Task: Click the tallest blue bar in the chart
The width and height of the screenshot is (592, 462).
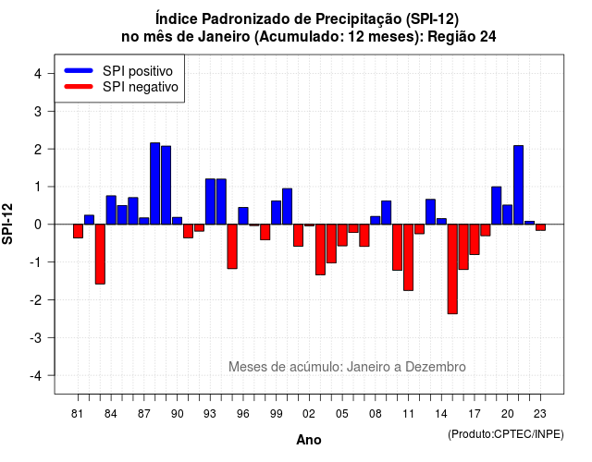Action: coord(155,184)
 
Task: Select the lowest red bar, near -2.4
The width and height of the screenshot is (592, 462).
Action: coord(452,269)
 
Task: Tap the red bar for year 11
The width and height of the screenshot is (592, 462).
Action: coord(408,257)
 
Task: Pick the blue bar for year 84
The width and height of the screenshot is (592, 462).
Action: coord(111,210)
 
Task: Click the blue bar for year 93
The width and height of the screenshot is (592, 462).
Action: coord(210,201)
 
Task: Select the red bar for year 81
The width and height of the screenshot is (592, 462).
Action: coord(78,231)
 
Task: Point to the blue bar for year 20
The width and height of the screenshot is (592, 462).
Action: coord(508,214)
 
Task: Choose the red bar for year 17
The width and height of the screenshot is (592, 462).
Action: coord(475,239)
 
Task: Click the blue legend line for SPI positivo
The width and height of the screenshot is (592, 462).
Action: coord(79,70)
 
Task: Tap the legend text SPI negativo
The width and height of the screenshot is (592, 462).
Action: coord(141,87)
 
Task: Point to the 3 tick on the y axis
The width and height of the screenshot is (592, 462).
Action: coord(51,111)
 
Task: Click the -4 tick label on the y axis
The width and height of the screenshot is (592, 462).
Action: coord(36,376)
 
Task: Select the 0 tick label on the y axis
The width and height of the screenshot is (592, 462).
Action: coord(37,225)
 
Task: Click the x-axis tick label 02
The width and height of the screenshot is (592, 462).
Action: coord(309,414)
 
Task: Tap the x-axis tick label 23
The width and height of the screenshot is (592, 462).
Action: coord(540,414)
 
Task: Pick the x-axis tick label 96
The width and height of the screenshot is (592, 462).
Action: coord(242,414)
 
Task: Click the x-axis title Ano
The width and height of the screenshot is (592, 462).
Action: coord(309,440)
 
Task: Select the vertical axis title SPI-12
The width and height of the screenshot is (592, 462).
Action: coord(7,224)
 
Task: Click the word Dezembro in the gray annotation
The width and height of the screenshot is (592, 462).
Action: coord(436,367)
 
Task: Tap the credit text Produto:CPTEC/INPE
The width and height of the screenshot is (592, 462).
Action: coord(506,434)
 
